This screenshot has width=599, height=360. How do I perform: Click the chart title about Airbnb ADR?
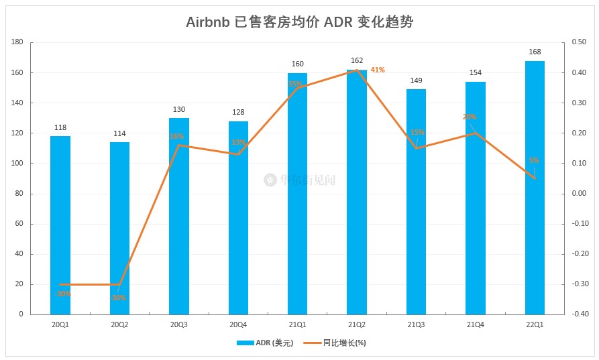(x=299, y=22)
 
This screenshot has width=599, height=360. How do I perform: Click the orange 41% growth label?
(x=378, y=70)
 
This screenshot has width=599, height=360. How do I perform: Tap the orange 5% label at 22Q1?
(x=534, y=160)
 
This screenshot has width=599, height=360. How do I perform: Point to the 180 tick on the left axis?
(x=17, y=42)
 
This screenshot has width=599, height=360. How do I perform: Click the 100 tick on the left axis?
(x=17, y=164)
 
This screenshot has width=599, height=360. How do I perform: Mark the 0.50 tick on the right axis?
(x=578, y=42)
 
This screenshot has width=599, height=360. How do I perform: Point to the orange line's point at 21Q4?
(x=476, y=133)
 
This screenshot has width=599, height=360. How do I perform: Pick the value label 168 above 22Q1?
(x=535, y=52)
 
